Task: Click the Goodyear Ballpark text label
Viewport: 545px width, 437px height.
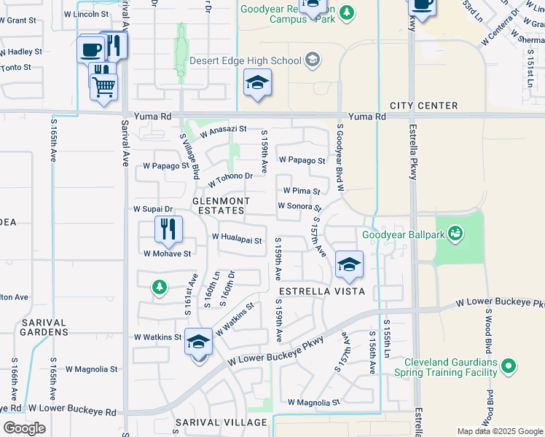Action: coord(404,235)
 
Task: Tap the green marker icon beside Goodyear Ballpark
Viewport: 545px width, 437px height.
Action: coord(456,233)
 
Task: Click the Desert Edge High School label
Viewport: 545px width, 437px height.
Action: coord(246,60)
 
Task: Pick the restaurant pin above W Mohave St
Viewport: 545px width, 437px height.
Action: coord(168,229)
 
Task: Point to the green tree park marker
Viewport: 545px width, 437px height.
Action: coord(159,288)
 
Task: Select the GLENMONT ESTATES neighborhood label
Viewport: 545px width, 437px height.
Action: coord(221,205)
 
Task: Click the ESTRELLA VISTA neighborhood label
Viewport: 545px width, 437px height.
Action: coord(317,290)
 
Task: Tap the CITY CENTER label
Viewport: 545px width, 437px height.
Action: coord(423,106)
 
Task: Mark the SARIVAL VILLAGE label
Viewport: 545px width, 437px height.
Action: coord(221,422)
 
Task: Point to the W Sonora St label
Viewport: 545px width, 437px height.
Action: coord(299,206)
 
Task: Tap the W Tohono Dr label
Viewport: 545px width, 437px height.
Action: coord(230,177)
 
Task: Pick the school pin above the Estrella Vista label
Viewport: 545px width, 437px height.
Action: coord(349,266)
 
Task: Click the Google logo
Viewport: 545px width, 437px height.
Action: coord(24,428)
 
